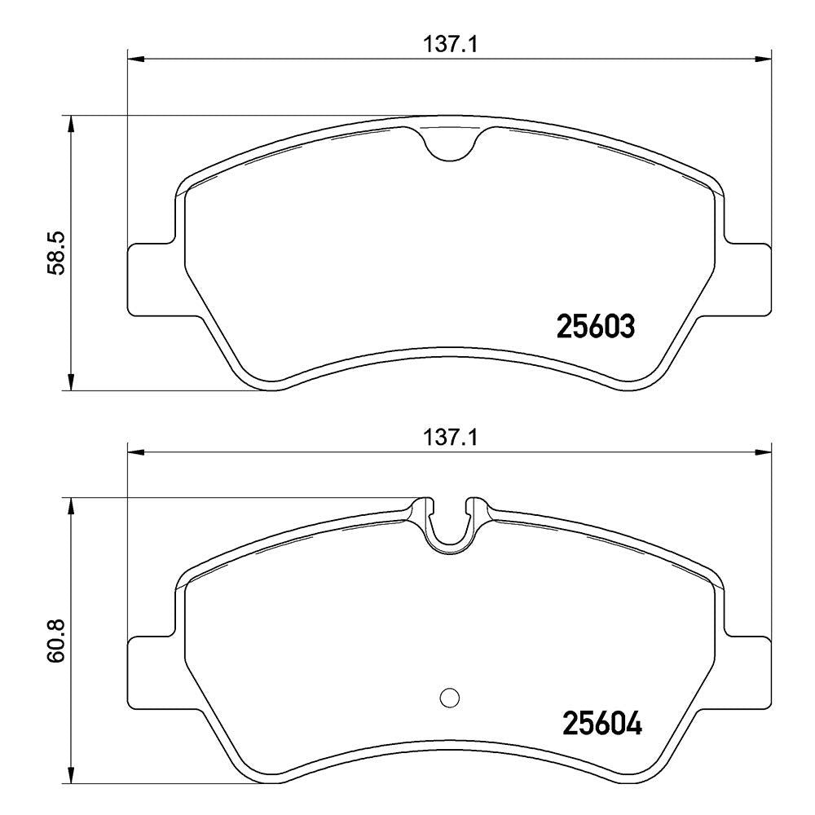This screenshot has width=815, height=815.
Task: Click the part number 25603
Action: (x=596, y=327)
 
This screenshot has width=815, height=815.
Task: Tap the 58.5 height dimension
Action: (x=55, y=253)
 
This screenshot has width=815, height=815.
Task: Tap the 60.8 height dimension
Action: (x=55, y=640)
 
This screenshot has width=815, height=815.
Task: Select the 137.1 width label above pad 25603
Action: (x=450, y=45)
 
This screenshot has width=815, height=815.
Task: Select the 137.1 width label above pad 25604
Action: (x=450, y=438)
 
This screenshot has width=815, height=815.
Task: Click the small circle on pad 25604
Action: (x=450, y=697)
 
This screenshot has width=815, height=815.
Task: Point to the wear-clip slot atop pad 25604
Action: (x=450, y=524)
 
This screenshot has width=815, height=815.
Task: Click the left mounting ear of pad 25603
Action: (x=151, y=279)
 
